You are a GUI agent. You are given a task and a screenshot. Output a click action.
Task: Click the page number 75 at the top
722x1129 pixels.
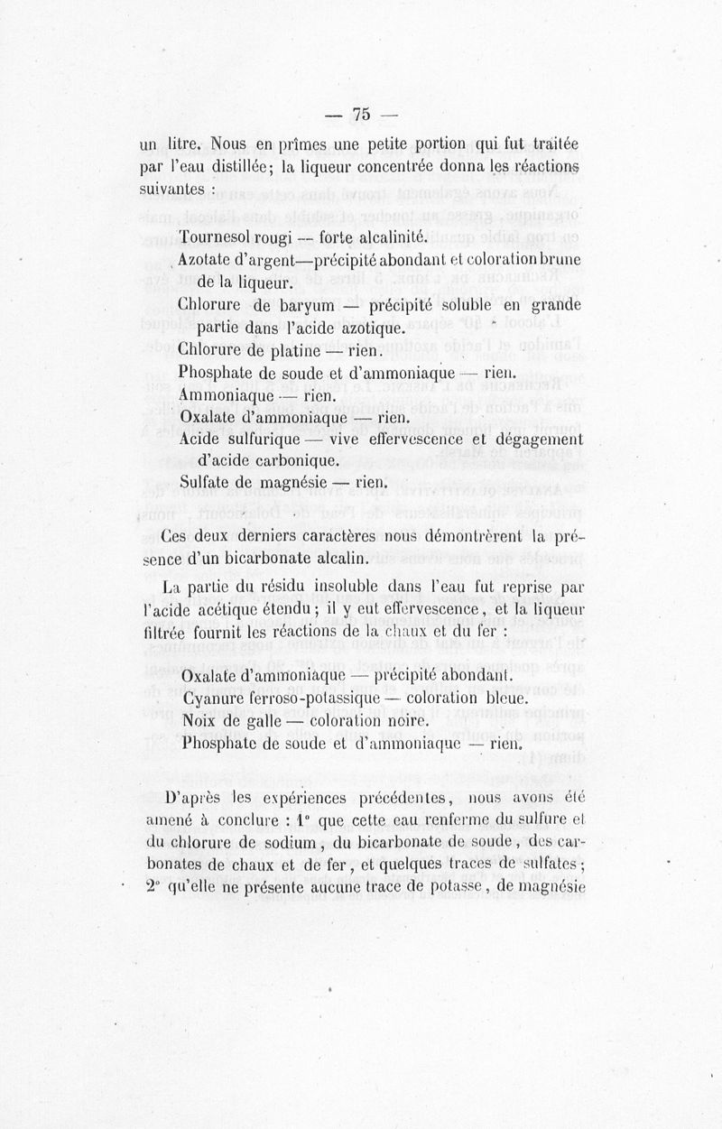tap(362, 114)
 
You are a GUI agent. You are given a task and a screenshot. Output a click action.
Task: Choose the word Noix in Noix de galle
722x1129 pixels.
tap(199, 721)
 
